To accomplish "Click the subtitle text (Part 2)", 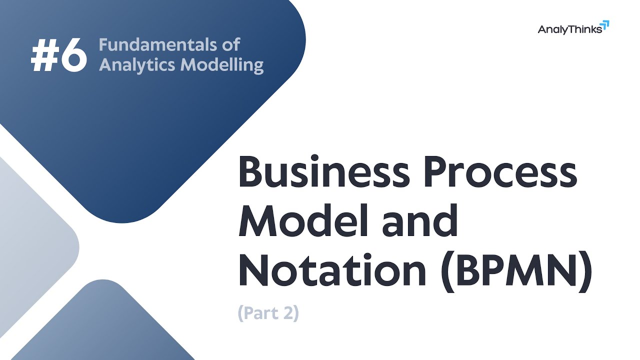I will pos(268,313).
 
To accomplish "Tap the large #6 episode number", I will pos(59,56).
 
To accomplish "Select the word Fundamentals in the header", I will pos(159,44).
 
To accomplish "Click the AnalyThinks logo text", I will pos(569,29).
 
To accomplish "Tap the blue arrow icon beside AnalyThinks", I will pos(605,25).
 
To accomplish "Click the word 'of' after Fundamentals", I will pos(230,44).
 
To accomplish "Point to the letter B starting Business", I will pos(252,172).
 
